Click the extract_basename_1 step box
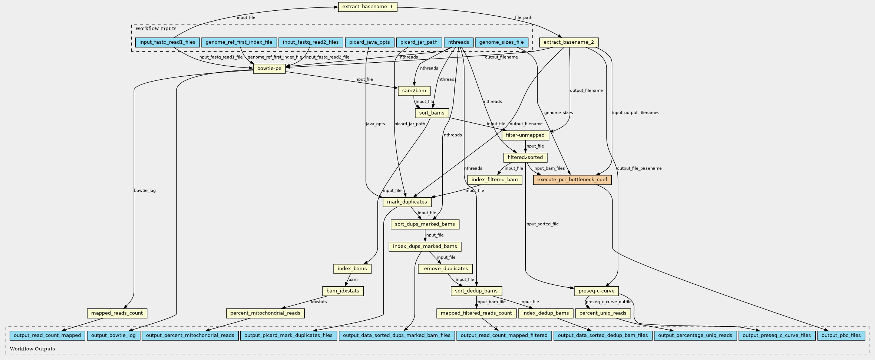pyautogui.click(x=367, y=7)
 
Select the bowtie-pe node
pyautogui.click(x=269, y=69)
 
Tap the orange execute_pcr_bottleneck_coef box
pyautogui.click(x=572, y=180)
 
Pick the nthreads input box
pyautogui.click(x=458, y=42)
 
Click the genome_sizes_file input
pyautogui.click(x=501, y=42)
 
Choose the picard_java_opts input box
pyautogui.click(x=369, y=42)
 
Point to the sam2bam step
pyautogui.click(x=414, y=91)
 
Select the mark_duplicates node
pyautogui.click(x=407, y=202)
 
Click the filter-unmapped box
pyautogui.click(x=525, y=135)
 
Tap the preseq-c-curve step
pyautogui.click(x=597, y=291)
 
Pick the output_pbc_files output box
pyautogui.click(x=841, y=336)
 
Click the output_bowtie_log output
pyautogui.click(x=113, y=336)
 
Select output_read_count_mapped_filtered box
pyautogui.click(x=504, y=336)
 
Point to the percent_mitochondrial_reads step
pyautogui.click(x=265, y=313)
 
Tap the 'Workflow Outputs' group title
pyautogui.click(x=32, y=349)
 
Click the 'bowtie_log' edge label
pyautogui.click(x=145, y=191)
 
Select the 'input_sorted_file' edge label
pyautogui.click(x=542, y=224)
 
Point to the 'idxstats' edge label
pyautogui.click(x=319, y=302)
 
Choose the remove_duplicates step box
pyautogui.click(x=445, y=269)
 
